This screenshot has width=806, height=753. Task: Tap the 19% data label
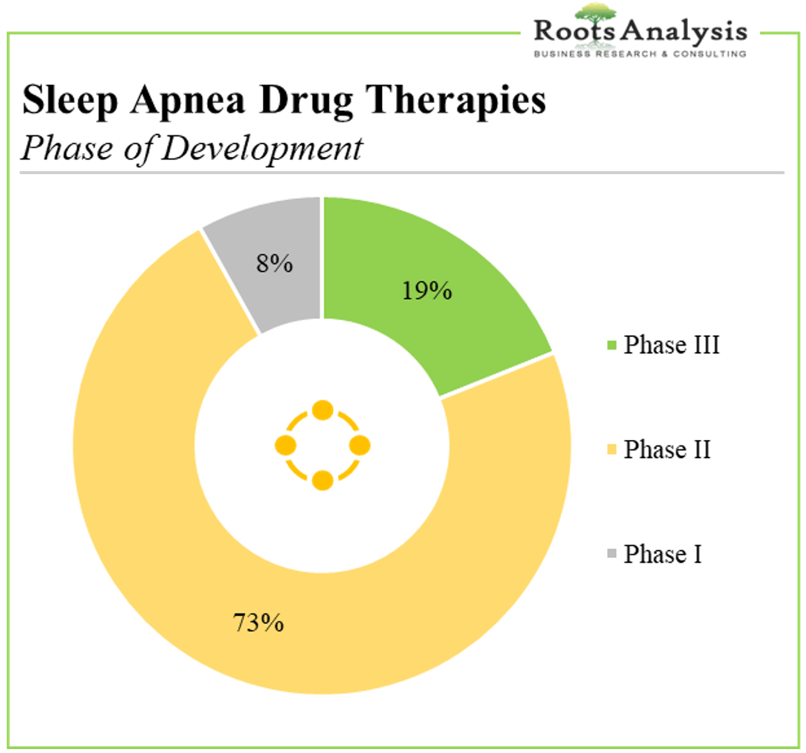pyautogui.click(x=426, y=291)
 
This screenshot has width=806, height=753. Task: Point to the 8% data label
pyautogui.click(x=274, y=264)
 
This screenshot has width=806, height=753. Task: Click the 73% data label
pyautogui.click(x=258, y=622)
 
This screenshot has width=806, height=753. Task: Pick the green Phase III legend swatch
pyautogui.click(x=612, y=345)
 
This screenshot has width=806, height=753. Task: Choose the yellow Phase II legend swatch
pyautogui.click(x=612, y=449)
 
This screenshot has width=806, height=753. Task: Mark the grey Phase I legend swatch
pyautogui.click(x=612, y=553)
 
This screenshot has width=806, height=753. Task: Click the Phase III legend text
pyautogui.click(x=671, y=344)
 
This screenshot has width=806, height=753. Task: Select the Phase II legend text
pyautogui.click(x=667, y=449)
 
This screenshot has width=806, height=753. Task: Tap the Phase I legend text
pyautogui.click(x=663, y=553)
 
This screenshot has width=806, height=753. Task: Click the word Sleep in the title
pyautogui.click(x=71, y=100)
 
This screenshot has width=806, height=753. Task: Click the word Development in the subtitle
pyautogui.click(x=262, y=148)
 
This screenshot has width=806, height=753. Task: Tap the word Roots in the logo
pyautogui.click(x=575, y=32)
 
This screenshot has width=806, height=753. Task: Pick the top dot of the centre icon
pyautogui.click(x=323, y=410)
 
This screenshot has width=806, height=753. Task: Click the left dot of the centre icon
pyautogui.click(x=286, y=445)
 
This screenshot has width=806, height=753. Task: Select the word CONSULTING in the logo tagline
pyautogui.click(x=710, y=54)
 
